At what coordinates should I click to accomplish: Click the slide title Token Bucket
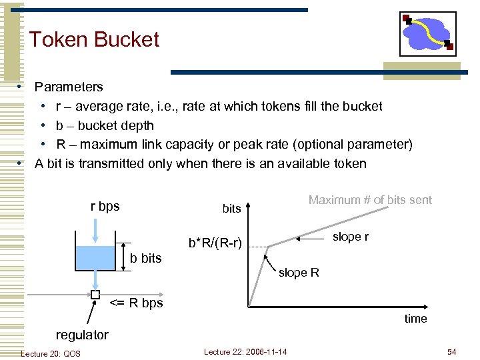(94, 39)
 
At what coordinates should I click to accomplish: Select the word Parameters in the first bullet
(69, 87)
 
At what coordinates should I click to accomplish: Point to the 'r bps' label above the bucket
(105, 206)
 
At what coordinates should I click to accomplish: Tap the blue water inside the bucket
(96, 258)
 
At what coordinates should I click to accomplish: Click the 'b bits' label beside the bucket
(145, 258)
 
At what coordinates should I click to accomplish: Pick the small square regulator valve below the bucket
(95, 294)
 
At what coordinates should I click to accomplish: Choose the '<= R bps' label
(136, 303)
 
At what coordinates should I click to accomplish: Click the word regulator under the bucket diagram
(82, 334)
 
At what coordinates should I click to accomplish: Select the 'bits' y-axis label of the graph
(231, 209)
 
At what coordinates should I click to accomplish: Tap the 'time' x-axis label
(415, 319)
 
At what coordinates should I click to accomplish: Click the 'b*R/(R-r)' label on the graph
(215, 243)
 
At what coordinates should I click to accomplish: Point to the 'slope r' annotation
(350, 237)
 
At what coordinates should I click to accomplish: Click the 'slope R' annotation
(299, 272)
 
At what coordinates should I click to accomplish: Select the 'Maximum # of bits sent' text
(370, 199)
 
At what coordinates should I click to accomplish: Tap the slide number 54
(451, 351)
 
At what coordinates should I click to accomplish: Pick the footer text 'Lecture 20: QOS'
(51, 353)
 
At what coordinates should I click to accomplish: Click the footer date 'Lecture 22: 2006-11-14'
(245, 351)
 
